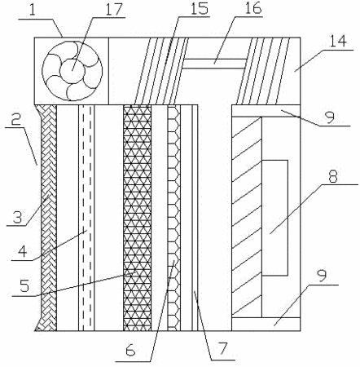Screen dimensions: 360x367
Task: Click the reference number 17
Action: (114, 10)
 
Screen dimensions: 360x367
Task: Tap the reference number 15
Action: (199, 9)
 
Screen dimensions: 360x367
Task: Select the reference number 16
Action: (253, 9)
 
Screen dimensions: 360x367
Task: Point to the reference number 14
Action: (338, 42)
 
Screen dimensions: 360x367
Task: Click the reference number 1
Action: (33, 11)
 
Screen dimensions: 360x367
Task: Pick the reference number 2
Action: (16, 119)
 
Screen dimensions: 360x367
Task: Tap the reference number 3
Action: (17, 217)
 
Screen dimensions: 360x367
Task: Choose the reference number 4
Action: (23, 251)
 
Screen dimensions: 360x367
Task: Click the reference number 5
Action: (24, 285)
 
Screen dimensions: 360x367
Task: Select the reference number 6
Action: (130, 351)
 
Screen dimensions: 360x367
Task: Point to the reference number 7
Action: (223, 349)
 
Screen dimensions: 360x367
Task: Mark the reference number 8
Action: (333, 176)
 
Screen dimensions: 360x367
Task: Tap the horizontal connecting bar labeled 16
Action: (214, 64)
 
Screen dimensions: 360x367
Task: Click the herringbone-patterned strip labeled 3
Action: (49, 218)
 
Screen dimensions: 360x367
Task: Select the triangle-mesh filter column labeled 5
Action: (138, 218)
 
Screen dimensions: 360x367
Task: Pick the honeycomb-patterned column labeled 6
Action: (173, 218)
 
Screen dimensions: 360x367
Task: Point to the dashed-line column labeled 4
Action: (87, 218)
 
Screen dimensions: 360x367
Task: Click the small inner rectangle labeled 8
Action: (274, 218)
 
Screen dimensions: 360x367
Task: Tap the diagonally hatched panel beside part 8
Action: (247, 217)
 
